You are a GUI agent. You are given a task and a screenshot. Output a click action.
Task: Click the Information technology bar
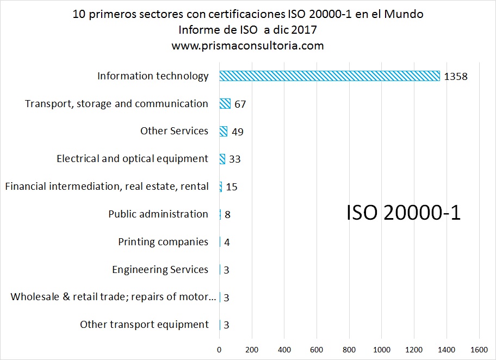coord(329,76)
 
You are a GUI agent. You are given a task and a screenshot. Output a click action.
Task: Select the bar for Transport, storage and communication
coord(225,104)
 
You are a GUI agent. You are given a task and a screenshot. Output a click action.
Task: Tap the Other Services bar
coord(223,132)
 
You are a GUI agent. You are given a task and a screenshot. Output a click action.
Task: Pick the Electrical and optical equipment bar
coord(222,159)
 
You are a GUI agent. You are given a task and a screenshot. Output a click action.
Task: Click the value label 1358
coord(456,77)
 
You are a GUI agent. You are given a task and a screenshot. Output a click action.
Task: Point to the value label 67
coord(240,104)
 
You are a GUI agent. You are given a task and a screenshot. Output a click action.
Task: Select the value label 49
coord(237,132)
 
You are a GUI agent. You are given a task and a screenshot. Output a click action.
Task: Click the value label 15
coord(232,187)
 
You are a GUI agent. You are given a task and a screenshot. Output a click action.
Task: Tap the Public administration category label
coord(158,214)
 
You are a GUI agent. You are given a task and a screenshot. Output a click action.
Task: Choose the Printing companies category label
coord(163,242)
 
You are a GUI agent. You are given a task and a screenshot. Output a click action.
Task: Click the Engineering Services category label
coord(160,270)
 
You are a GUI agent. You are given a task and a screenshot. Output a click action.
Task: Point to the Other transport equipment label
coord(144,325)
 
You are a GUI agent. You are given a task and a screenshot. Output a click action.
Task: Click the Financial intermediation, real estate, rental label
coord(107,187)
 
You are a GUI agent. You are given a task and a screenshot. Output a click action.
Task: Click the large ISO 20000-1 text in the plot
coord(404,213)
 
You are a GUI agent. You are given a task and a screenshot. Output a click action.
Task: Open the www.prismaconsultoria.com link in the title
coord(247,46)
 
